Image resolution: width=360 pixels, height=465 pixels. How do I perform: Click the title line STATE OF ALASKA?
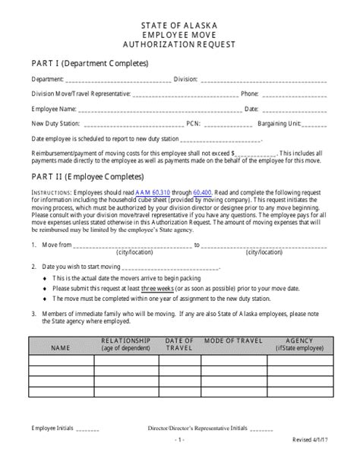pyautogui.click(x=179, y=25)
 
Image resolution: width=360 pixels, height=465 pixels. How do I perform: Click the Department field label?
pyautogui.click(x=48, y=78)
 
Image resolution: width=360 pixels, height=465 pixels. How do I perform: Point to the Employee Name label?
pyautogui.click(x=53, y=109)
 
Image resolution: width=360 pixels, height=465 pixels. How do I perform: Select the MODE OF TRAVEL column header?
pyautogui.click(x=236, y=340)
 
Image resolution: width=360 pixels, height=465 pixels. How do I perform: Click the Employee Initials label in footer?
pyautogui.click(x=53, y=429)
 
